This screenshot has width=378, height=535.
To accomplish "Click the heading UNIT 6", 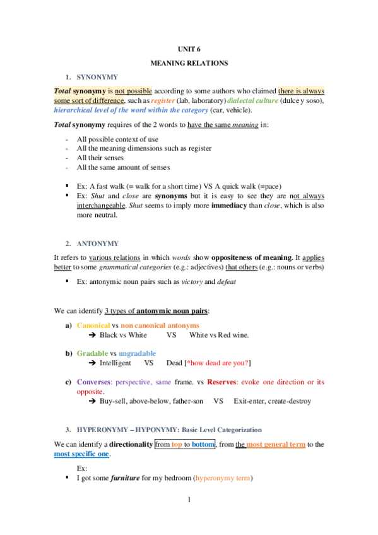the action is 189,49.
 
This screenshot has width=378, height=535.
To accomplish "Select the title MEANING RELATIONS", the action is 189,63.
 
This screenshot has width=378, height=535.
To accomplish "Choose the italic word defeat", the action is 225,281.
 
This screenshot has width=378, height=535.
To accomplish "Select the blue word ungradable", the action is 137,353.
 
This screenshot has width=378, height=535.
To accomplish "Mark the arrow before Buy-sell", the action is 92,401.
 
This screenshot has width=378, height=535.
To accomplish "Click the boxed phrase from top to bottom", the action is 185,444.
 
